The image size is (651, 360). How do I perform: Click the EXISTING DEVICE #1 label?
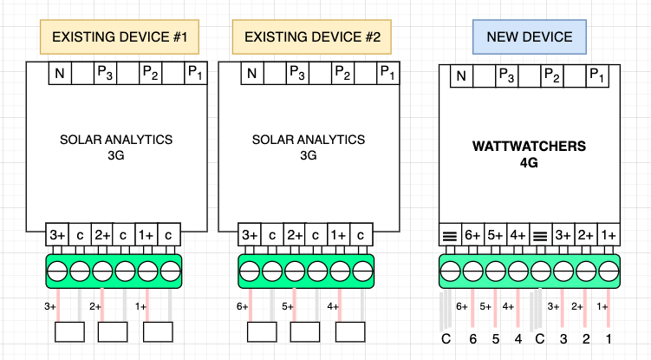click(x=120, y=37)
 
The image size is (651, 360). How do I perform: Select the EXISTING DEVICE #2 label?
click(x=312, y=37)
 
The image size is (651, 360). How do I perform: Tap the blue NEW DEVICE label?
click(x=530, y=37)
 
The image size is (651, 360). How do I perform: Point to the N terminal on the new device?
click(x=461, y=76)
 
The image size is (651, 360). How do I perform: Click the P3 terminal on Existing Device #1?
click(x=104, y=73)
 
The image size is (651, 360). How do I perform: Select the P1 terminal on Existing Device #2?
click(x=387, y=73)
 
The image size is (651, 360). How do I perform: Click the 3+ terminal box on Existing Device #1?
click(x=57, y=235)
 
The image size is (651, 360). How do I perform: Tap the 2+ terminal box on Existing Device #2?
click(x=295, y=235)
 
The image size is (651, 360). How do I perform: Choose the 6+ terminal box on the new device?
click(x=472, y=235)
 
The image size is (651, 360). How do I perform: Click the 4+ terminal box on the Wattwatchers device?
click(x=518, y=235)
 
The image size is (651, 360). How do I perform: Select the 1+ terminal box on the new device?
click(x=608, y=235)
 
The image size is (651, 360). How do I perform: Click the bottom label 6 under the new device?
click(x=473, y=337)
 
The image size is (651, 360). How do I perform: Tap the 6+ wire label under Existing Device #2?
click(x=244, y=306)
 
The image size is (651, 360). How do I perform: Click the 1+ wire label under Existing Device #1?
click(x=140, y=306)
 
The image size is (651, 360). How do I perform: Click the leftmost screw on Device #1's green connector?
click(x=57, y=269)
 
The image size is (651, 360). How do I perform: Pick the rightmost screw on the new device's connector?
click(x=608, y=269)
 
